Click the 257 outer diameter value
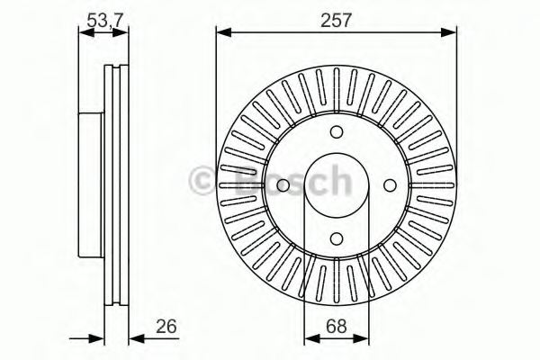336,18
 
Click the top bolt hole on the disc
336,131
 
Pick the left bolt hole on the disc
283,184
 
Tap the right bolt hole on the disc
389,184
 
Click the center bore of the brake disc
336,184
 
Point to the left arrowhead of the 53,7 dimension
84,33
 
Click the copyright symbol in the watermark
203,184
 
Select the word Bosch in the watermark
288,184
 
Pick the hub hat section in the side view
91,184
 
